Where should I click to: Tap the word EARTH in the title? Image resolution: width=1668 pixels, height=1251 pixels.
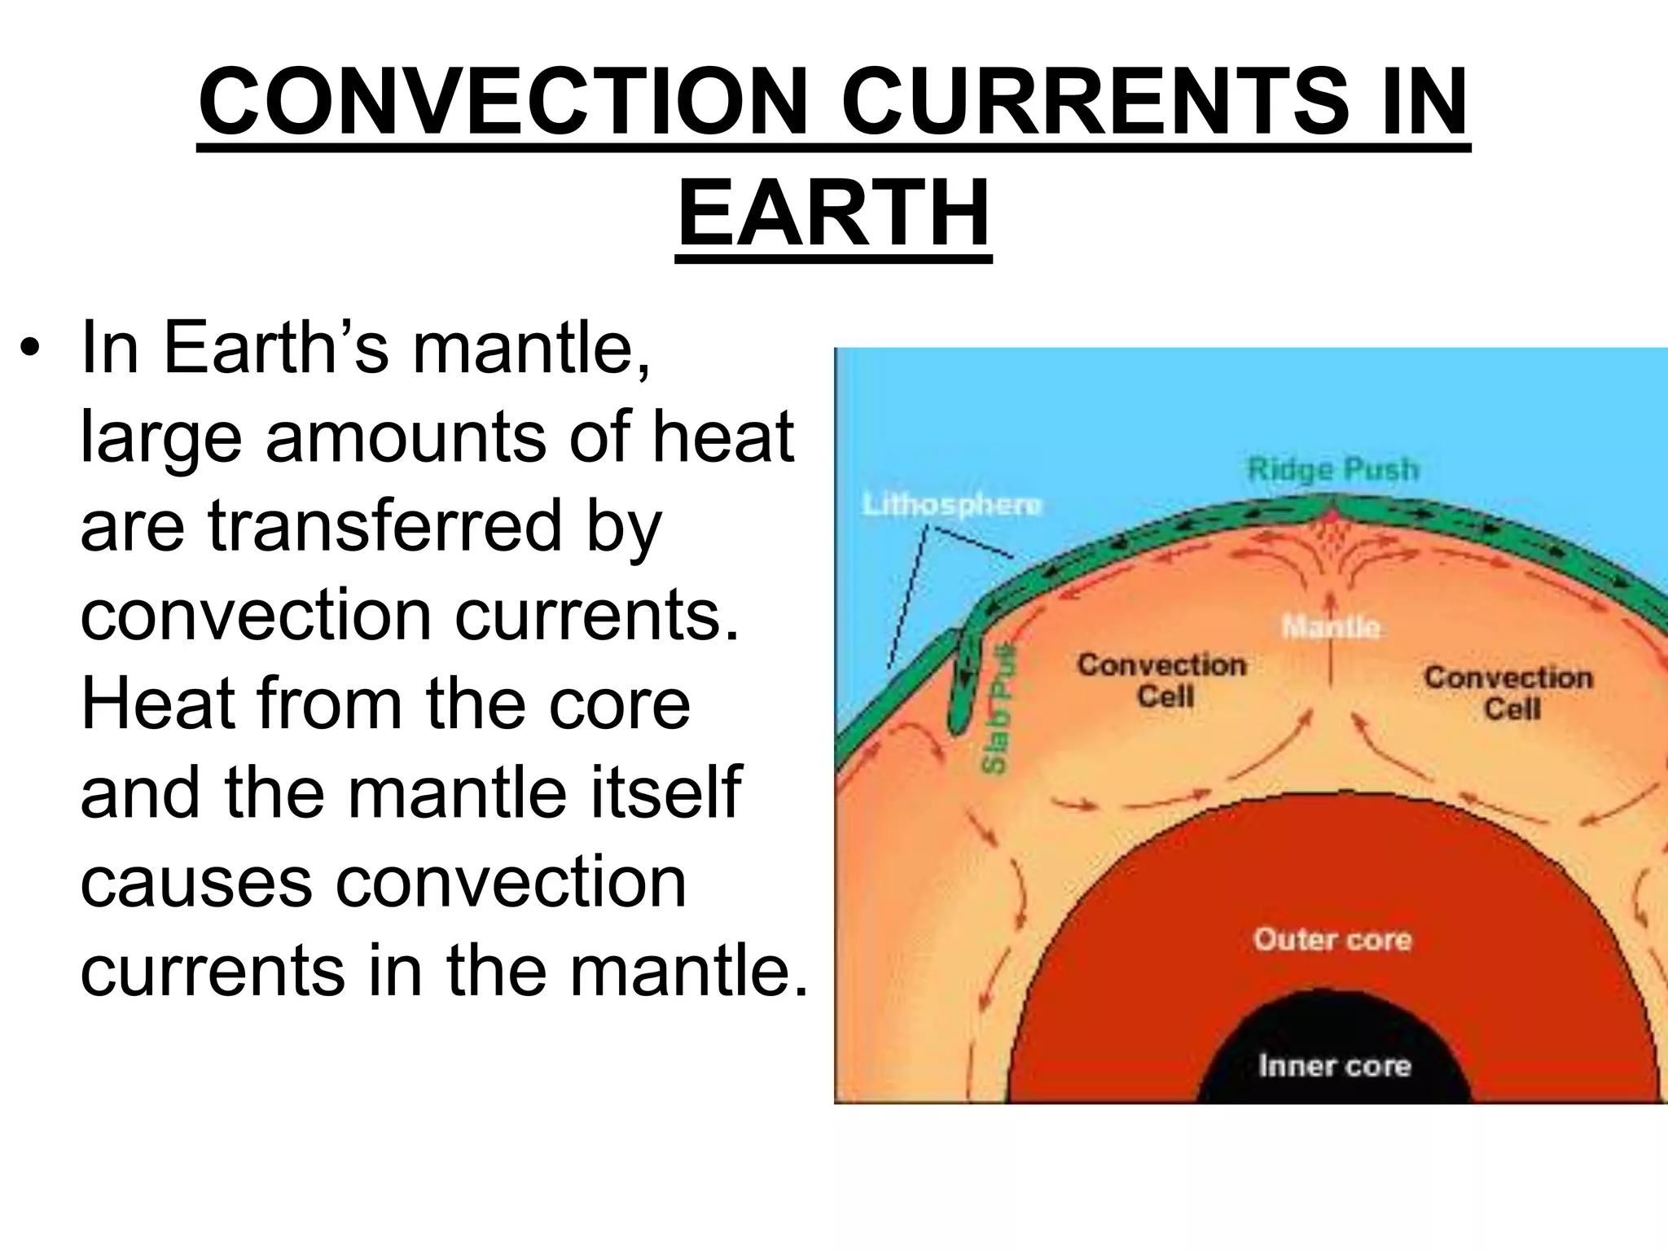tap(834, 213)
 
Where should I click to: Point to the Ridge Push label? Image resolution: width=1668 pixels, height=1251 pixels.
tap(1332, 470)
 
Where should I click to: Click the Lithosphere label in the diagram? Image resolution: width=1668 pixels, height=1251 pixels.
tap(952, 505)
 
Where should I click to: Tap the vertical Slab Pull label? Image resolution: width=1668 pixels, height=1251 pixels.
tap(995, 709)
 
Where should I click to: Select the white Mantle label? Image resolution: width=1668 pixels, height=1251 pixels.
tap(1331, 627)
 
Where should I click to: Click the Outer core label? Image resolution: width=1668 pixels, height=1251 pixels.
tap(1332, 939)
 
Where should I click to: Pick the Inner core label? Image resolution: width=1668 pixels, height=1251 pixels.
tap(1334, 1065)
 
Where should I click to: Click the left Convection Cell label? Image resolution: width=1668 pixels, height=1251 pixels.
tap(1162, 680)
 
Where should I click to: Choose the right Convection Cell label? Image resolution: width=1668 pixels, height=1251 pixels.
tap(1508, 692)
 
